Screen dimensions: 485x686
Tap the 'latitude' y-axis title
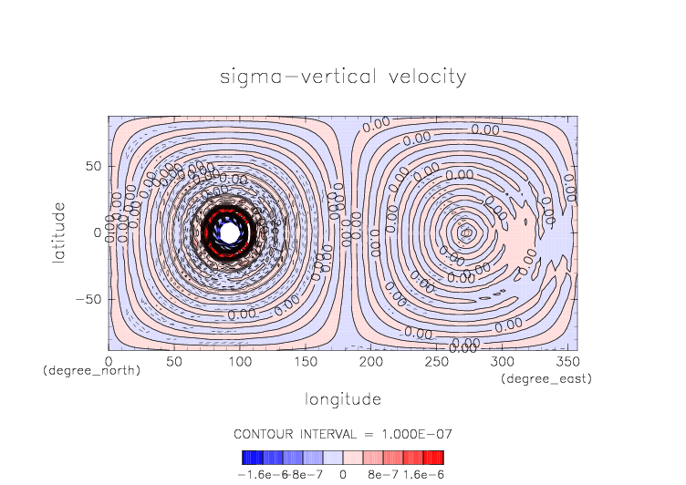[59, 232]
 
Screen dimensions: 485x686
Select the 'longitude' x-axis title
[342, 399]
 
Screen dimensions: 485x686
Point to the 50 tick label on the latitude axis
[93, 167]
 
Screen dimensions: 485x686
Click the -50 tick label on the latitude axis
[88, 299]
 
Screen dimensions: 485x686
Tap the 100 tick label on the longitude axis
[239, 362]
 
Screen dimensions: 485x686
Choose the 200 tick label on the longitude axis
[369, 362]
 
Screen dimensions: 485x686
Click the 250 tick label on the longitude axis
[435, 362]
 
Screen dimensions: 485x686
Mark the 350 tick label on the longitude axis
[566, 362]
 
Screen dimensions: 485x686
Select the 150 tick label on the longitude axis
[305, 362]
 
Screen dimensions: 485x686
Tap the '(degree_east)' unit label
[546, 378]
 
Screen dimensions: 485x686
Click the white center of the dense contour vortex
[230, 232]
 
